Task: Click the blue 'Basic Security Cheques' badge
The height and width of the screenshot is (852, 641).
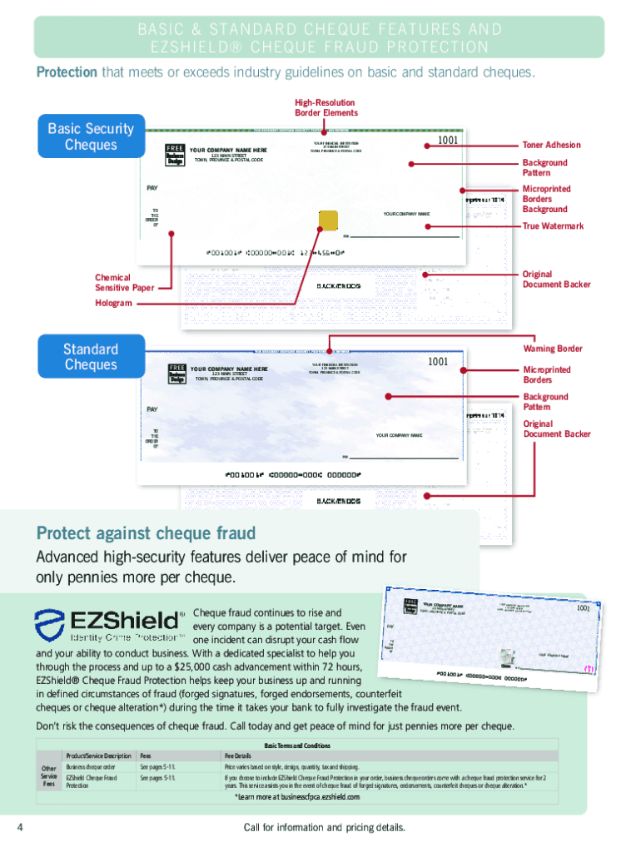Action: click(91, 136)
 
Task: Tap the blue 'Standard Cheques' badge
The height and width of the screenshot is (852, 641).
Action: click(91, 357)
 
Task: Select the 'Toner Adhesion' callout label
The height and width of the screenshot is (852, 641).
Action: click(551, 145)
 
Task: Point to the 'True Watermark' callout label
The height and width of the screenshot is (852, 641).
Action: click(553, 226)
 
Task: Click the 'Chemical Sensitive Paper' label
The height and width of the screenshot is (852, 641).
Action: click(124, 282)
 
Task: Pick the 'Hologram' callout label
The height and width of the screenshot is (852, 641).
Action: click(113, 303)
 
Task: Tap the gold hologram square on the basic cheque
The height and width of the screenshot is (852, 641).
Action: click(329, 220)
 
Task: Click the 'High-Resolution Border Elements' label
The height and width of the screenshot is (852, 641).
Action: click(325, 107)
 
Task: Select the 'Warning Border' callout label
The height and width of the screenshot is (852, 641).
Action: click(552, 349)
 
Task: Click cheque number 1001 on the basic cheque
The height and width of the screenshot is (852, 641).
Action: click(448, 141)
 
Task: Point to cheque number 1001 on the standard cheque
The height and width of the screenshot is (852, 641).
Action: click(438, 362)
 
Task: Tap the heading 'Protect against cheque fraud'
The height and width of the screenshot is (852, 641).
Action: click(146, 532)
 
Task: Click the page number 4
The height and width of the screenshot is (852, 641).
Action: click(18, 827)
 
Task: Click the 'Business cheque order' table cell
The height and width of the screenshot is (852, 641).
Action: click(91, 766)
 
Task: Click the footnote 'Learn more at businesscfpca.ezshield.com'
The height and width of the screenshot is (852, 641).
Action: click(297, 797)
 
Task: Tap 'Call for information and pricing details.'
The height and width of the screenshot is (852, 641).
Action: click(324, 827)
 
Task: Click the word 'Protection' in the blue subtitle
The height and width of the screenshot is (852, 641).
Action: click(67, 72)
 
